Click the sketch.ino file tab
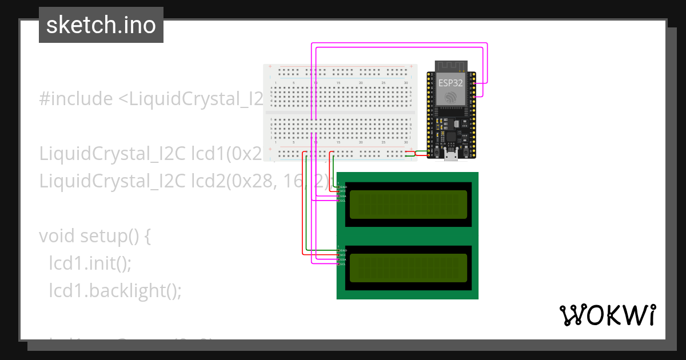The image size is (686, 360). point(101,25)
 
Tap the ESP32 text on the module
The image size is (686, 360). point(450,82)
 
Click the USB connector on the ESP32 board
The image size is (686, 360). point(450,156)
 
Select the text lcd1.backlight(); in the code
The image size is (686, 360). point(115,290)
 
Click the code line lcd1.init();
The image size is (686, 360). point(90,263)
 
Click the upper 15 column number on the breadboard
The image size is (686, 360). point(338,83)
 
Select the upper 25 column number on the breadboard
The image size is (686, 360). point(383,83)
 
